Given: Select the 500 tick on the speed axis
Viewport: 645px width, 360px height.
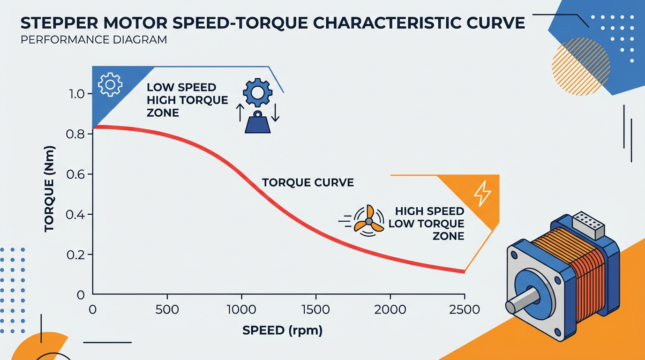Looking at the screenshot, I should [167, 309].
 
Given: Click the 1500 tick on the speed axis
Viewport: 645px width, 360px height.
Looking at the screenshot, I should [316, 309].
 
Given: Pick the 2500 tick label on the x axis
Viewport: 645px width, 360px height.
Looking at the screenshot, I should [464, 309].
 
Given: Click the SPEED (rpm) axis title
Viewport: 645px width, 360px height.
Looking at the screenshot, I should [283, 330].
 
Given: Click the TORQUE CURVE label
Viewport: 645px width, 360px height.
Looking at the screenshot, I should [307, 182].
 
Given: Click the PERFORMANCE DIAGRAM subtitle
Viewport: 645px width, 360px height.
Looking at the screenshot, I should [94, 40].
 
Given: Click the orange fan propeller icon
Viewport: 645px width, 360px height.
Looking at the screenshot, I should [368, 219].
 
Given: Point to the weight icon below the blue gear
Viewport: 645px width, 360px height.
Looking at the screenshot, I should [258, 123].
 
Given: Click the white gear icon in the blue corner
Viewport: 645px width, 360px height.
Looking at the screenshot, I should [110, 84].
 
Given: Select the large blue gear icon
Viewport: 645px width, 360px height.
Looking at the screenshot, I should [257, 91].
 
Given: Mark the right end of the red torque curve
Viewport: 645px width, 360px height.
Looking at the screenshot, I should [463, 271].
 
